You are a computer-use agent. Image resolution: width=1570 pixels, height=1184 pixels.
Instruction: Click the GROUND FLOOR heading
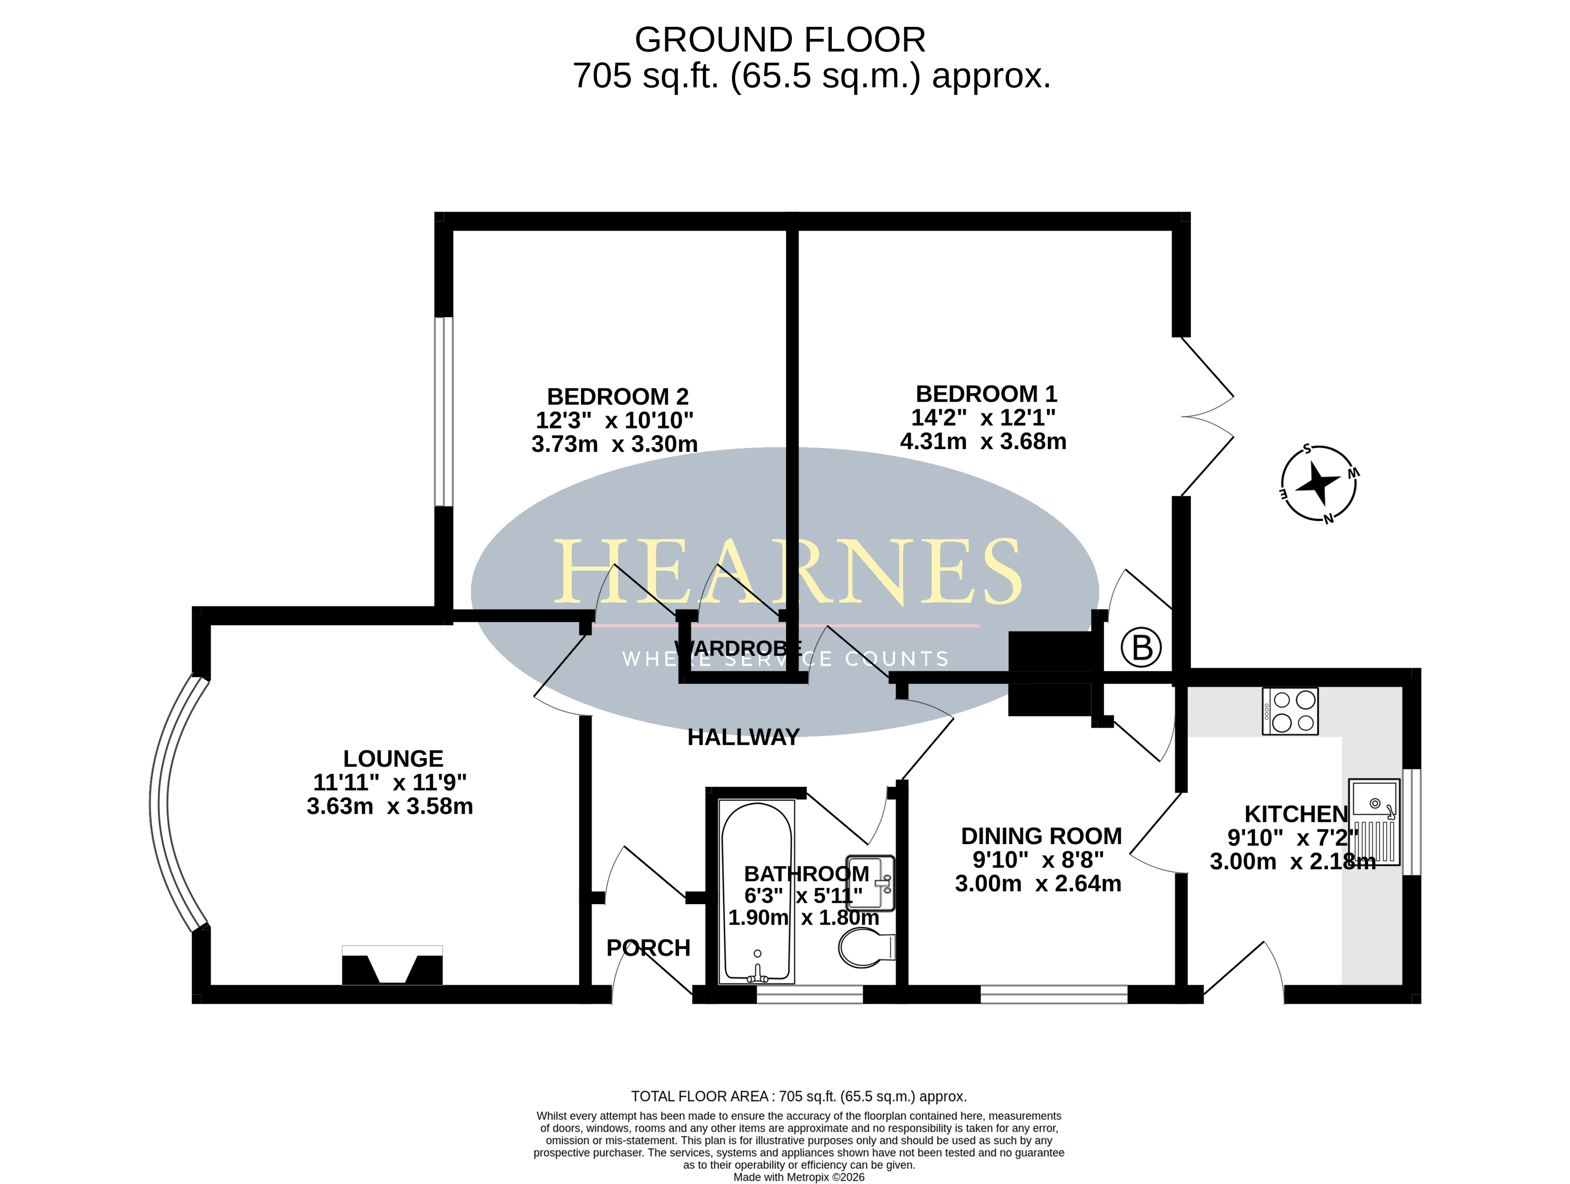(779, 40)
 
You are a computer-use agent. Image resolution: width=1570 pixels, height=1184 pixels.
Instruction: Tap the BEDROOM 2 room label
(617, 396)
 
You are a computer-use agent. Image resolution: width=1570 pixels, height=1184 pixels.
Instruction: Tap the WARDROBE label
(738, 648)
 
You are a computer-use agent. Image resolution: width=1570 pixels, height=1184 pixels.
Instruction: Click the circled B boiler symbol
(1141, 648)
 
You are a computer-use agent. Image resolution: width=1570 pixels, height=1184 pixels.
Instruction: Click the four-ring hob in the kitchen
(1290, 711)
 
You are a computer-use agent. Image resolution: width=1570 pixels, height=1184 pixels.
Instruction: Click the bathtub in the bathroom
(757, 892)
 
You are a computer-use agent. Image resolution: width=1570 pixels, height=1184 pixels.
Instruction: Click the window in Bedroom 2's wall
(444, 412)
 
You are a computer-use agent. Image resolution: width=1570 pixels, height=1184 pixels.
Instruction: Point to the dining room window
(1054, 994)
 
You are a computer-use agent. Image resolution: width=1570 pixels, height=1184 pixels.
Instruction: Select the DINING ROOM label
(1041, 836)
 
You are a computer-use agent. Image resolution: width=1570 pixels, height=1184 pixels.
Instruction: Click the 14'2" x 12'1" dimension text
(983, 417)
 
